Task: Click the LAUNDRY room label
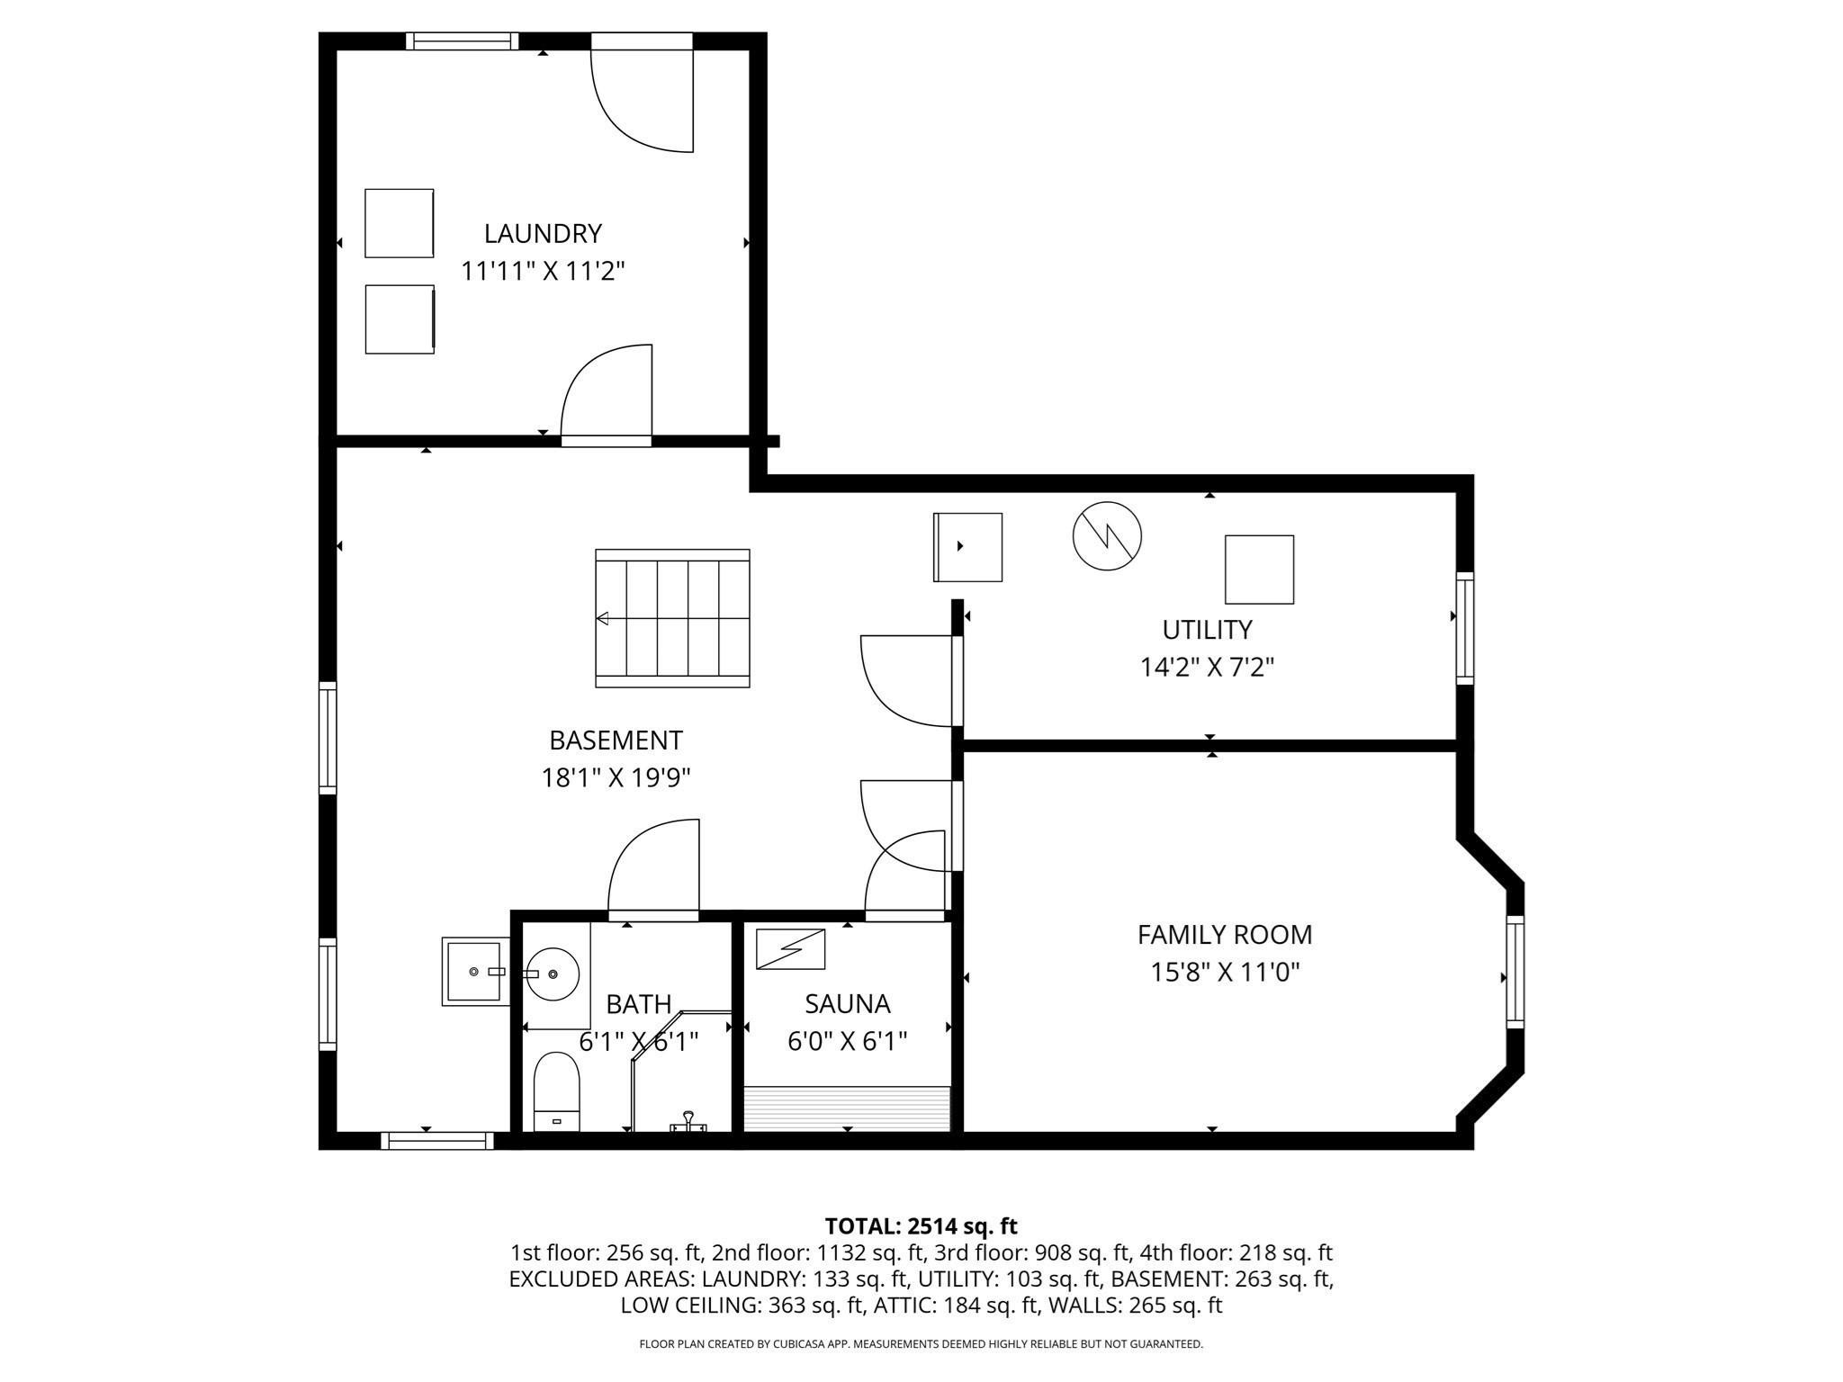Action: pyautogui.click(x=543, y=234)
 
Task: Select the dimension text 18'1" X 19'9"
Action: pyautogui.click(x=616, y=777)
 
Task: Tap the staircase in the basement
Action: pyautogui.click(x=672, y=618)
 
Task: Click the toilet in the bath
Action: pyautogui.click(x=556, y=1090)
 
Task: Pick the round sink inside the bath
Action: pyautogui.click(x=553, y=974)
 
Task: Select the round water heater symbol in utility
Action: pyautogui.click(x=1107, y=536)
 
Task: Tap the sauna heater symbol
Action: pyautogui.click(x=790, y=948)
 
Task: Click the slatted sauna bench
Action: pyautogui.click(x=847, y=1108)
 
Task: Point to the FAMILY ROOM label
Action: pyautogui.click(x=1225, y=935)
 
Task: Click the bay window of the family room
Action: pyautogui.click(x=1515, y=972)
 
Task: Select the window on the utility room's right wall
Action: pyautogui.click(x=1464, y=628)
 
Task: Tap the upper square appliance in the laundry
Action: pyautogui.click(x=399, y=223)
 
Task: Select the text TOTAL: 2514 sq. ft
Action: pyautogui.click(x=921, y=1226)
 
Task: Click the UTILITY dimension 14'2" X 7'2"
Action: pyautogui.click(x=1207, y=668)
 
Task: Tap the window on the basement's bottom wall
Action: pyautogui.click(x=437, y=1141)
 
